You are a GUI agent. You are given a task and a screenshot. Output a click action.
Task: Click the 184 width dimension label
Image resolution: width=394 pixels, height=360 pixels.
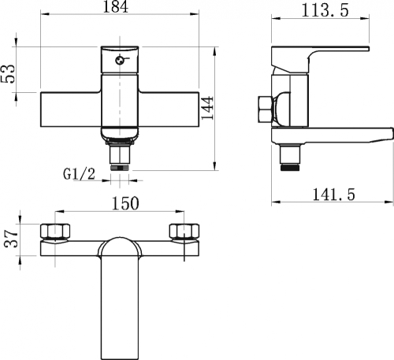(x=116, y=6)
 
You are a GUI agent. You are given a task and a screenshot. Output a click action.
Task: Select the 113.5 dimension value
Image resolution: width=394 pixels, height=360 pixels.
(x=325, y=10)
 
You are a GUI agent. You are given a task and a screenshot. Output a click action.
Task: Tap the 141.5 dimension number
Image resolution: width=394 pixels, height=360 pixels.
(x=333, y=194)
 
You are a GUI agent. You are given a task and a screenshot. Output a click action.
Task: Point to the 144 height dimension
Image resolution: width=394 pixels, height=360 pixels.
(x=207, y=108)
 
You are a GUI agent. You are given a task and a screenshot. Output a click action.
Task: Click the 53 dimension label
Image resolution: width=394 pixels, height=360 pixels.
(x=9, y=74)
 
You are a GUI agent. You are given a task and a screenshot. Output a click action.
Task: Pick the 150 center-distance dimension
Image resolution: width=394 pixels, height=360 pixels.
(x=125, y=203)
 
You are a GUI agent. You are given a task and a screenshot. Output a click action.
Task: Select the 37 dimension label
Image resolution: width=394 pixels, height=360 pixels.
(x=11, y=238)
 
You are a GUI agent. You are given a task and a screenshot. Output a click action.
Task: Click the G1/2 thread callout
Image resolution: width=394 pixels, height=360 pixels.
(x=79, y=174)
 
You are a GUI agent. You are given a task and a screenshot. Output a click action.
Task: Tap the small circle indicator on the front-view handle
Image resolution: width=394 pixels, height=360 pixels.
(x=119, y=61)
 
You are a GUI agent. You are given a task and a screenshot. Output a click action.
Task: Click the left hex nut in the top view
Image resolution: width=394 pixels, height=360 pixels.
(x=55, y=231)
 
